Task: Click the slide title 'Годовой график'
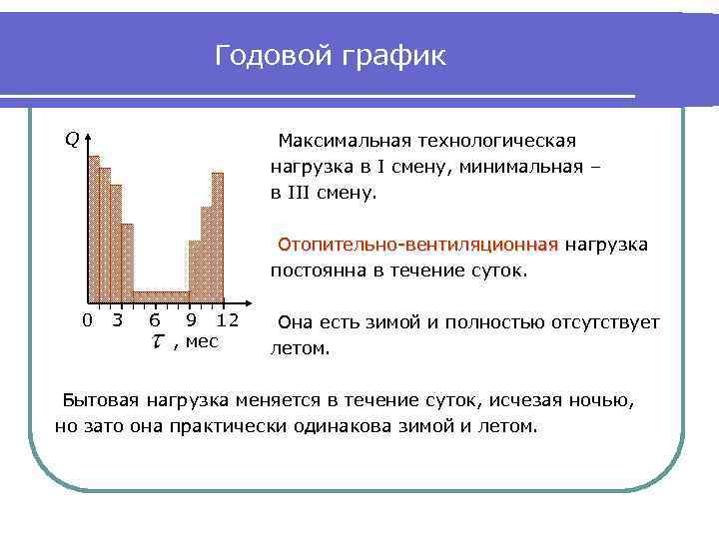pos(331,57)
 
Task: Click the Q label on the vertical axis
pos(72,139)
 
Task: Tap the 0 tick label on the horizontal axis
pos(87,320)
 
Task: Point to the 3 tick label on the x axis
pos(118,320)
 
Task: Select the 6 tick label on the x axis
pos(153,320)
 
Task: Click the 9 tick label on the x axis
pos(190,320)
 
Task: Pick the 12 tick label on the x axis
pos(227,320)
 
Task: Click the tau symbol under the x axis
pos(158,342)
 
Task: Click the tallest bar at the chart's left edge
pos(94,230)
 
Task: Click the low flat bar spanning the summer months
pos(161,293)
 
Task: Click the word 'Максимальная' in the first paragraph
pos(336,140)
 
